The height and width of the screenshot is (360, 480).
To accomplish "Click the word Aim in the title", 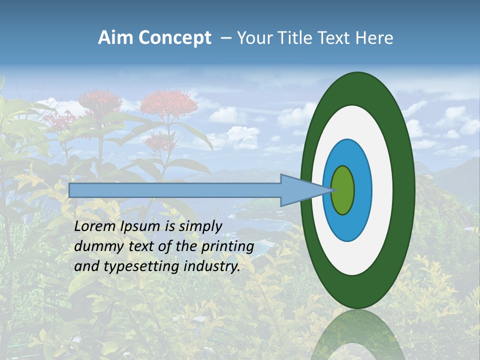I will coord(115,38).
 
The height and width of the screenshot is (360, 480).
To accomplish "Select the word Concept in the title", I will coord(174,38).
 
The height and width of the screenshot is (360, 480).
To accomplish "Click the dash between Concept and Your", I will coord(225,38).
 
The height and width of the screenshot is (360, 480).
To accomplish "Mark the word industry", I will coord(212,266).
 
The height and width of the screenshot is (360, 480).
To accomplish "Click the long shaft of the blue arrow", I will coord(175,190).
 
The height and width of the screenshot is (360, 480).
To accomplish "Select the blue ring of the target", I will coord(362,190).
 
